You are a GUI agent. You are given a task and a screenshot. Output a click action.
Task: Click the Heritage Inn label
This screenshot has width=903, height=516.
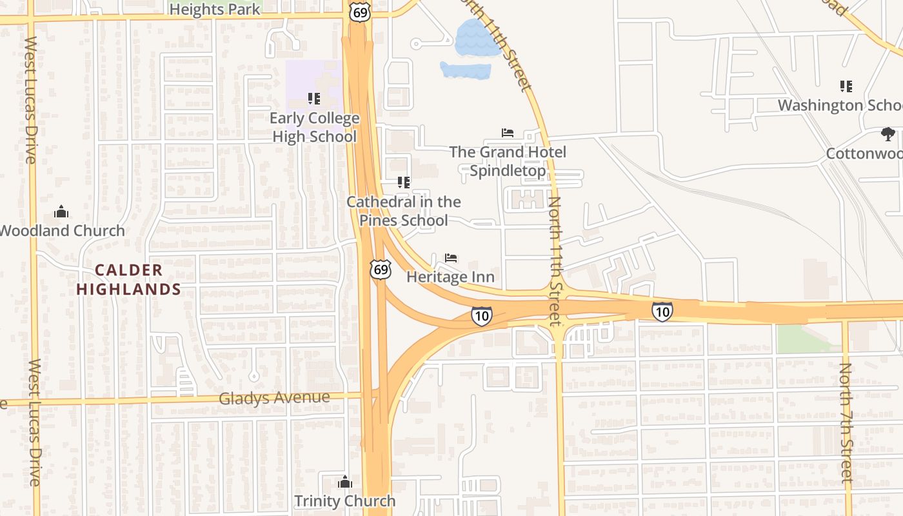click(x=450, y=277)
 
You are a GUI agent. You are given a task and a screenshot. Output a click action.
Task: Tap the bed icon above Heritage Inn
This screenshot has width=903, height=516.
click(x=451, y=258)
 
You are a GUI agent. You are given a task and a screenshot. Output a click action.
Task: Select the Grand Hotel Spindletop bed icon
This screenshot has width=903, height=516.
click(x=508, y=133)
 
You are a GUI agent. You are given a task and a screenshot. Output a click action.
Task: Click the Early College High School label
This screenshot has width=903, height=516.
click(x=314, y=127)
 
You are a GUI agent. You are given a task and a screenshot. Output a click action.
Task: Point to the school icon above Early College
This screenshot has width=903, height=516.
click(x=314, y=99)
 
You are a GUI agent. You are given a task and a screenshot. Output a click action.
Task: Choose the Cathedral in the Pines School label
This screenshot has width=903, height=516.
click(x=404, y=211)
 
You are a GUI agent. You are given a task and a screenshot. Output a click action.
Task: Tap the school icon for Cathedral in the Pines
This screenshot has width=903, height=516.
click(x=404, y=183)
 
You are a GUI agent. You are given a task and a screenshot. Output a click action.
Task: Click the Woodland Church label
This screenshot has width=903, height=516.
click(x=63, y=230)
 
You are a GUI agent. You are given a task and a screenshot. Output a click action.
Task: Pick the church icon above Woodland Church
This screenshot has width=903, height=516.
click(x=61, y=212)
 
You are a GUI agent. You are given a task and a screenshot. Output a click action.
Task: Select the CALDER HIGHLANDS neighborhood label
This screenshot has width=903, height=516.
click(x=129, y=279)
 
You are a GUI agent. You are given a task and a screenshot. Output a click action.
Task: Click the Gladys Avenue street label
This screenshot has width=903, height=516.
click(x=274, y=398)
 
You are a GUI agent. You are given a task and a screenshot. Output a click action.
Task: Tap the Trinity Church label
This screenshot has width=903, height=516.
click(x=345, y=501)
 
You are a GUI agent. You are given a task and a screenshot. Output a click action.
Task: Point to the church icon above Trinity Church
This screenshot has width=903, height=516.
click(x=345, y=482)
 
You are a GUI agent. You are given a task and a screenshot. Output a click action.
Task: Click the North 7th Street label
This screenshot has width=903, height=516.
click(x=846, y=422)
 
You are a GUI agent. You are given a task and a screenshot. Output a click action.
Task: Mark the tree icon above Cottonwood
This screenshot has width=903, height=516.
click(x=888, y=134)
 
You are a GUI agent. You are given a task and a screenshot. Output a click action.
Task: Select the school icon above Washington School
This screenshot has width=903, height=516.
click(x=846, y=86)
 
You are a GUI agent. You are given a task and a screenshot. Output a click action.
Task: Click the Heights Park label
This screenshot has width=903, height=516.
click(x=215, y=9)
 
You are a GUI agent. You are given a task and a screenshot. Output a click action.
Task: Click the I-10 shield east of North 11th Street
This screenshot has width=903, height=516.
click(x=662, y=312)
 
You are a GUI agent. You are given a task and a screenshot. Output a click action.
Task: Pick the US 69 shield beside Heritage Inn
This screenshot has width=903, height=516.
click(x=381, y=269)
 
